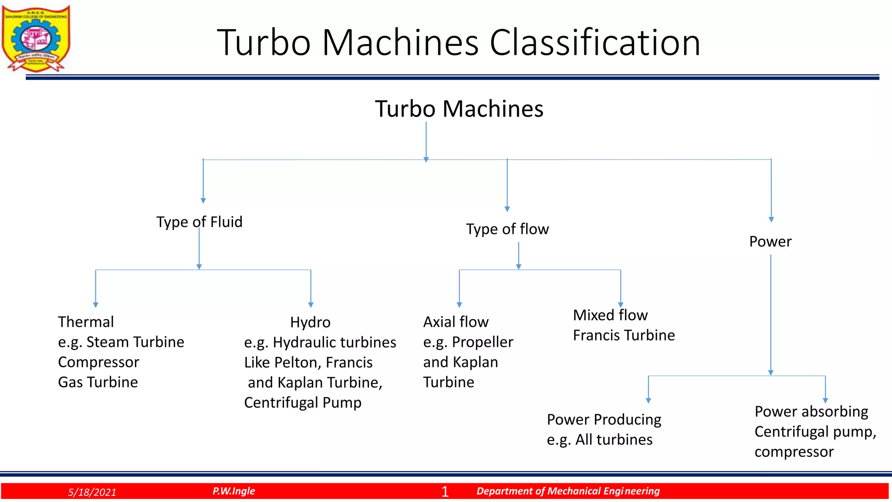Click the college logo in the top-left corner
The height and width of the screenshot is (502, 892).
36,38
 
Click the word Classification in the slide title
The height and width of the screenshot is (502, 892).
595,43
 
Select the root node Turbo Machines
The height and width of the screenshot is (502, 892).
459,109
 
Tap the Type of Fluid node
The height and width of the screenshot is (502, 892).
199,222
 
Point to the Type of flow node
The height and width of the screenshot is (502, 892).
507,229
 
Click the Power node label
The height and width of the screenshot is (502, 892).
770,241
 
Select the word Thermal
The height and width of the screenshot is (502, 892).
86,322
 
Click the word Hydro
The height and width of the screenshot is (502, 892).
310,322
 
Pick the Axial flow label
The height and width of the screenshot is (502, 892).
456,322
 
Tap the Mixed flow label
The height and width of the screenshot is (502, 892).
610,315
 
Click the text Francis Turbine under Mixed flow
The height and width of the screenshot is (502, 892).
624,335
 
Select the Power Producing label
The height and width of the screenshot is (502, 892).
604,420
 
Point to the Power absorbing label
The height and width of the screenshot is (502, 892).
811,411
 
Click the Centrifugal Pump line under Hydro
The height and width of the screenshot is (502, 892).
303,403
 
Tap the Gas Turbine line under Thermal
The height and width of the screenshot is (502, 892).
98,382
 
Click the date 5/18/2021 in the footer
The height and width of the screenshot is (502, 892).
92,492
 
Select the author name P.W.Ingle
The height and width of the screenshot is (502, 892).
233,491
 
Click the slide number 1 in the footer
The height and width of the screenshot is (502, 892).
445,492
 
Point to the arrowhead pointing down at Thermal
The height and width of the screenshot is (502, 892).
95,305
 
